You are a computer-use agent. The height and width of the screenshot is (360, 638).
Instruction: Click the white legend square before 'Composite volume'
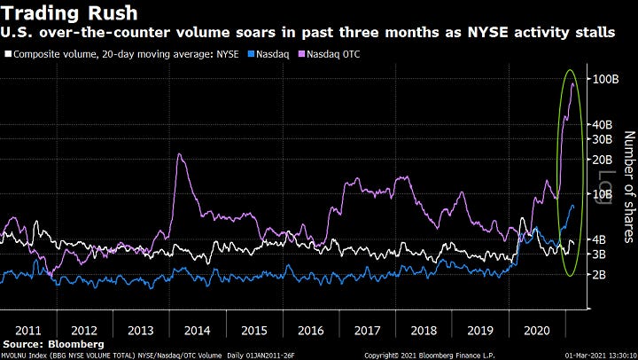point(9,55)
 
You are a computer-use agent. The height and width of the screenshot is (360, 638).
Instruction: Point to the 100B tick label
point(604,80)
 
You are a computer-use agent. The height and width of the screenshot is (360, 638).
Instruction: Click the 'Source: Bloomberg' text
point(53,343)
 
